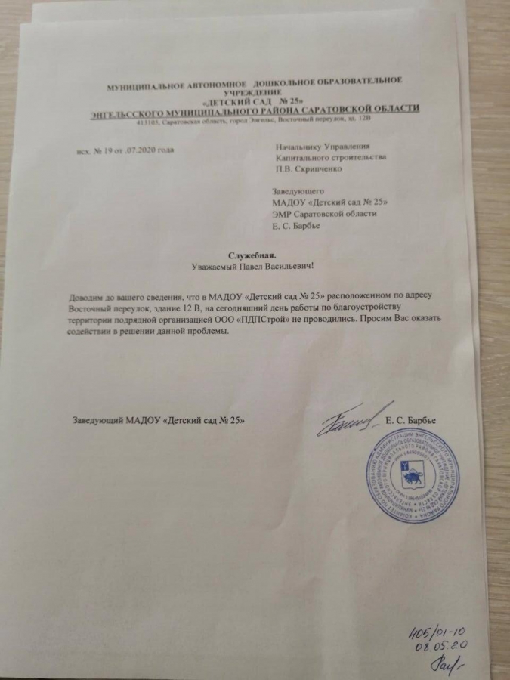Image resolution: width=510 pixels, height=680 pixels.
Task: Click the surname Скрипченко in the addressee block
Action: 317,169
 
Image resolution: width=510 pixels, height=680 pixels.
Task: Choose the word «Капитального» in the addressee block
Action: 305,158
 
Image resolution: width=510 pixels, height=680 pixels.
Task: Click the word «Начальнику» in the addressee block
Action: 300,147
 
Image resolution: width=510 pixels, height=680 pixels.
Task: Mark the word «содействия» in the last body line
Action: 91,332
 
